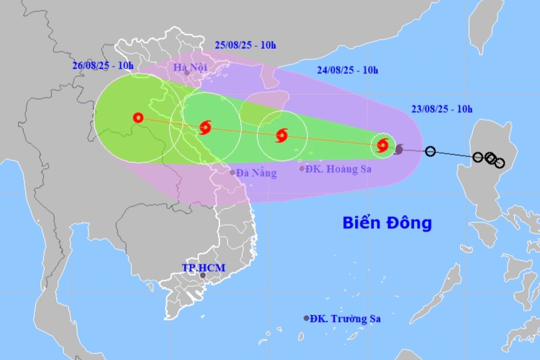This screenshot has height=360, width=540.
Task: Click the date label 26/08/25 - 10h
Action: click(x=103, y=65)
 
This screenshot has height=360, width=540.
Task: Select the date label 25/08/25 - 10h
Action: click(x=246, y=44)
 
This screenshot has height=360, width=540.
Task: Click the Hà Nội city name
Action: click(x=190, y=67)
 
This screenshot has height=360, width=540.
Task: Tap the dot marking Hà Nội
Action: click(x=187, y=73)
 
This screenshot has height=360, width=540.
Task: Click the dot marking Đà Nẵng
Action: click(x=232, y=172)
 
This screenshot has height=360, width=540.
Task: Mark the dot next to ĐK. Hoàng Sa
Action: click(x=302, y=169)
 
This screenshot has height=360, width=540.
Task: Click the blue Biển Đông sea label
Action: click(x=386, y=223)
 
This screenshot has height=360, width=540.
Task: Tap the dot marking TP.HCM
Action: click(x=203, y=275)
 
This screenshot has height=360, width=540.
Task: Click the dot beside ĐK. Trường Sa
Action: click(x=307, y=318)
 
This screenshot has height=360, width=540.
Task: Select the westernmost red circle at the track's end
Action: click(x=138, y=118)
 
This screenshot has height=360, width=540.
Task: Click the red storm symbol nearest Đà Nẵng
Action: click(x=205, y=127)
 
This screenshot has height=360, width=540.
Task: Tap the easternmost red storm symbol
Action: click(x=383, y=145)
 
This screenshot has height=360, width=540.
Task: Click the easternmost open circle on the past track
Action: click(x=499, y=163)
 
